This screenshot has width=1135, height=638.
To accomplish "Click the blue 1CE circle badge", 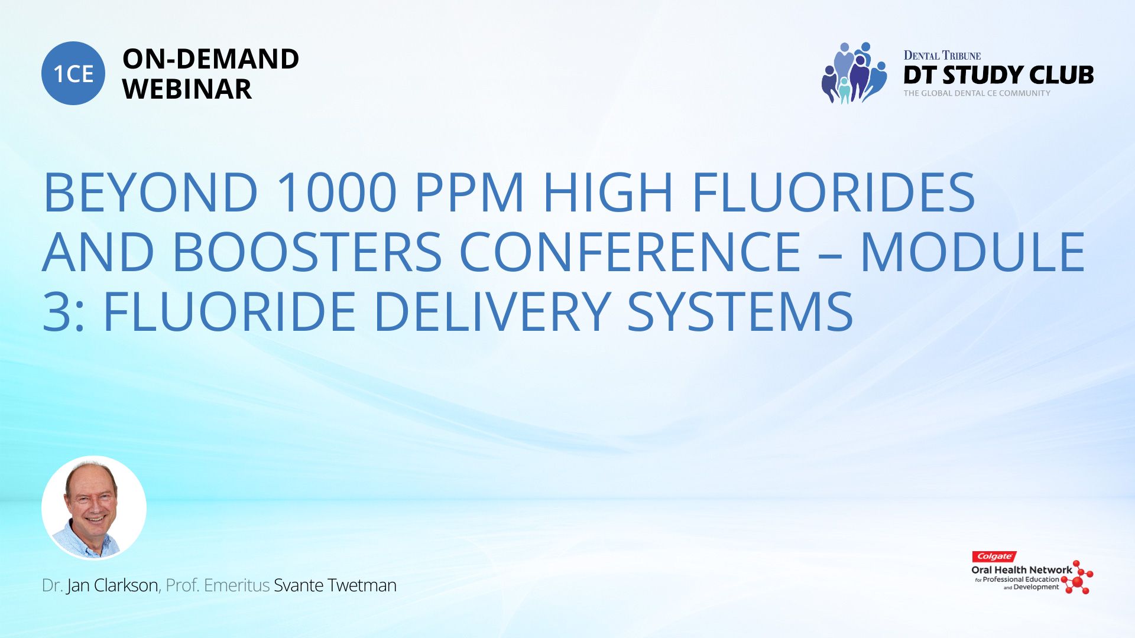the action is click(73, 73).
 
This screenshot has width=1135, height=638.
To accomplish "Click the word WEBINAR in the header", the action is click(187, 89).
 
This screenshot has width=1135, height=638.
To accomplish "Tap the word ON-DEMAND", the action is click(210, 59).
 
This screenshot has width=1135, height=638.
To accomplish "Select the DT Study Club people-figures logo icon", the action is click(854, 73).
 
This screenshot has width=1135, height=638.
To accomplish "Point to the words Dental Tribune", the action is click(942, 56).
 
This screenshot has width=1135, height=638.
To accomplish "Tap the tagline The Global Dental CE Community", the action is click(977, 93).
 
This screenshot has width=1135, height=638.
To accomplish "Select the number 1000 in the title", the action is click(336, 193).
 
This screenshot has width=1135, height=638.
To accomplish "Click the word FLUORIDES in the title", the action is click(834, 193).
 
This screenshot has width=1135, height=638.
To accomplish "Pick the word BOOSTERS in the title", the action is click(307, 252).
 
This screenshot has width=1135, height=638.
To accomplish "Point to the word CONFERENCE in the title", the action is click(630, 252).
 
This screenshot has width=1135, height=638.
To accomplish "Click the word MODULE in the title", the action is click(973, 252).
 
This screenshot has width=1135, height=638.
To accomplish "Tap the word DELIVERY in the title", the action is click(492, 311).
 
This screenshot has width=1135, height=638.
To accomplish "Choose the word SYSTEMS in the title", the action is click(740, 311).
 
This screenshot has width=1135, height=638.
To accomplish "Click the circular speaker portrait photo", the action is click(94, 508).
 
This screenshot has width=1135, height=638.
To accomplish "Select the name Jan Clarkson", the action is click(112, 585).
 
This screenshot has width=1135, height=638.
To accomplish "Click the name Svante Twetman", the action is click(335, 585).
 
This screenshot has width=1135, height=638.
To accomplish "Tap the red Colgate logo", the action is click(994, 556).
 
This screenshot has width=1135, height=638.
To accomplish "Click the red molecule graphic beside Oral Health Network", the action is click(1078, 578).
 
